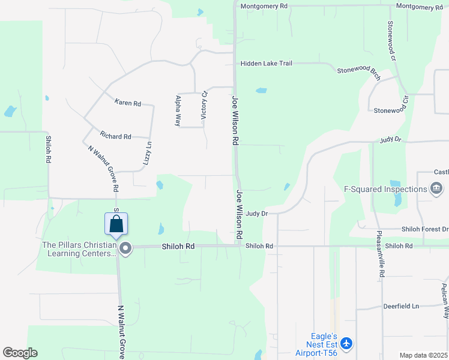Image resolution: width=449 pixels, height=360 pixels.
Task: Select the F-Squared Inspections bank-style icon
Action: tap(436, 189)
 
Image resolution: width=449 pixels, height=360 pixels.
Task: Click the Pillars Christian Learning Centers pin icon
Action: tap(125, 248)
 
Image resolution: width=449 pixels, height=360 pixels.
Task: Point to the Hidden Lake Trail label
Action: tap(266, 63)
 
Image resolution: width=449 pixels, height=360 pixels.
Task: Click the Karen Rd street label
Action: tap(127, 103)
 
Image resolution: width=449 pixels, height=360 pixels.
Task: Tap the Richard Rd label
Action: tap(115, 137)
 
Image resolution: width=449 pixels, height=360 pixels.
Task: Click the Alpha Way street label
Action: tap(178, 110)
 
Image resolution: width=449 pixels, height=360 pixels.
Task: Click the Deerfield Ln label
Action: tap(401, 306)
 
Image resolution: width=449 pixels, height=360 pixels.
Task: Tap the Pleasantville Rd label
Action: tap(380, 254)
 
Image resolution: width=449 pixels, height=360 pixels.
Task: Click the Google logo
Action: tap(20, 353)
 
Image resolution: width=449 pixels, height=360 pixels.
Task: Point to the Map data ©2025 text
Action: tap(423, 355)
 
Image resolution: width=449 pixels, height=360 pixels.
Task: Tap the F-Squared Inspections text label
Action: tap(385, 189)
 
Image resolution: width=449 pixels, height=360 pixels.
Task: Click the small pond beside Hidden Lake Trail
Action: tap(261, 91)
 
